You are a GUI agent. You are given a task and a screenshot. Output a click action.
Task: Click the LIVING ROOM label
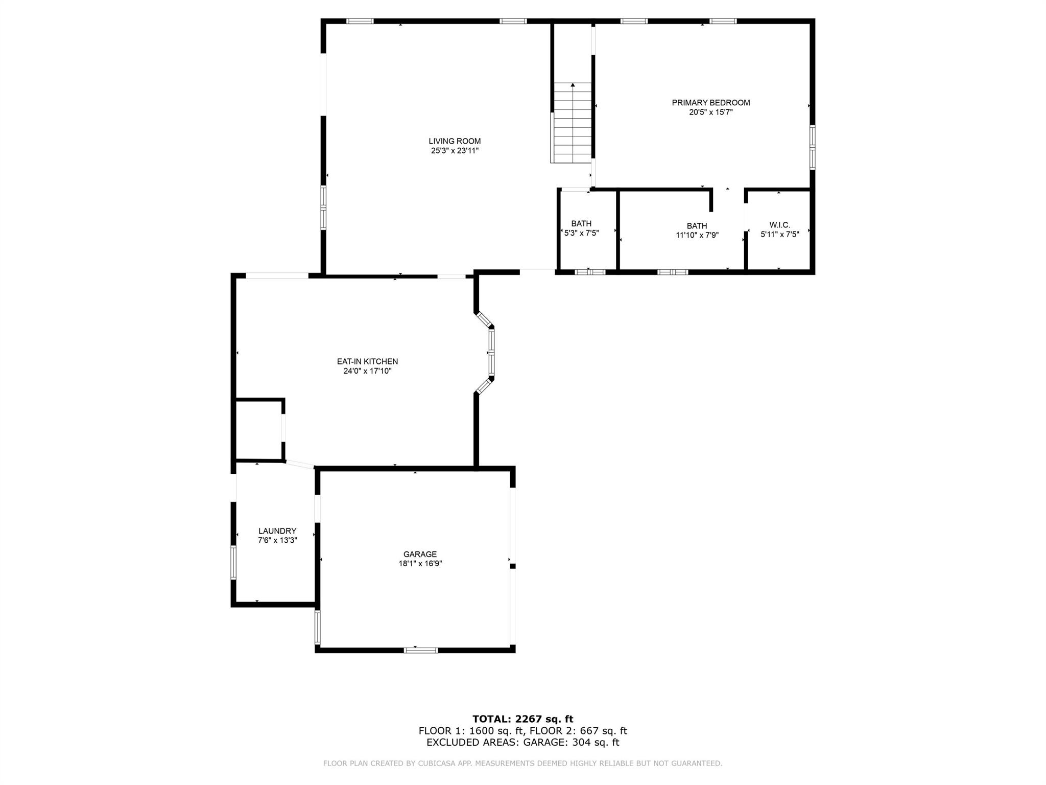[x=455, y=141]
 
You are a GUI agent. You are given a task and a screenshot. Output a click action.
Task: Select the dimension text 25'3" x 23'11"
[x=455, y=151]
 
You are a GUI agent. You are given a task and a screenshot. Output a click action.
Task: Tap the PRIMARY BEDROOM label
[x=710, y=103]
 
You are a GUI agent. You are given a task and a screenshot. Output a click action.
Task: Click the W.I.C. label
[x=779, y=225]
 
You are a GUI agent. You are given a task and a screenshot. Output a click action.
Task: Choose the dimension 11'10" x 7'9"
[x=697, y=235]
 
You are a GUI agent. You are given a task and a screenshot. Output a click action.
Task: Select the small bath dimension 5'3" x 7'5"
[x=581, y=233]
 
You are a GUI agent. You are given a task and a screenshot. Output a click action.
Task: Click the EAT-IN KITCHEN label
[x=367, y=361]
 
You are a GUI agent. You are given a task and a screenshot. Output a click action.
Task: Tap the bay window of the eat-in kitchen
[x=491, y=353]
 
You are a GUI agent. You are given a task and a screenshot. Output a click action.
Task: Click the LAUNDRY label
[x=277, y=531]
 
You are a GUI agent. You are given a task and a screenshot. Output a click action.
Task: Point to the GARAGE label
[x=420, y=554]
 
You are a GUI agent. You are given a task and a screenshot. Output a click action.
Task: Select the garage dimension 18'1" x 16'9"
[x=420, y=564]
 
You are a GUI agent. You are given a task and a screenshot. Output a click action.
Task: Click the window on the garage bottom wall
[x=421, y=650]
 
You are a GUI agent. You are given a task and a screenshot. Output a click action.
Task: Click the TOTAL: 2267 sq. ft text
[x=522, y=719]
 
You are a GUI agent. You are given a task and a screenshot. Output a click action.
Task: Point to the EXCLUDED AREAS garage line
[x=522, y=743]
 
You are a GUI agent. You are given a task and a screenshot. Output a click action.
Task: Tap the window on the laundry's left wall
[x=233, y=562]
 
